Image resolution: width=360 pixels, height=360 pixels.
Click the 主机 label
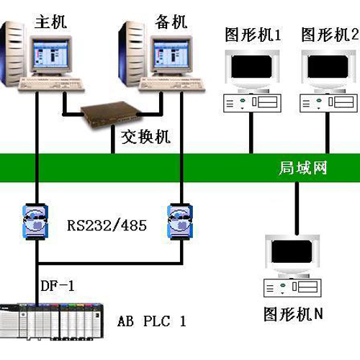point(50,22)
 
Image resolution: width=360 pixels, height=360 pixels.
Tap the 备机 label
point(171,22)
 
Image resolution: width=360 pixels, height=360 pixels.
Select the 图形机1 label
point(253,35)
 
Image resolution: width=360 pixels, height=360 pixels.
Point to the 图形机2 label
point(330,35)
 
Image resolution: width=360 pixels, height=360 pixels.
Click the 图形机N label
point(293,314)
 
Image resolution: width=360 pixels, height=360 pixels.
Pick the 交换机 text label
point(145,137)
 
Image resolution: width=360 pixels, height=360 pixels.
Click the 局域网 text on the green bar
point(303,168)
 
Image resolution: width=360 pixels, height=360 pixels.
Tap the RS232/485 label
point(107,225)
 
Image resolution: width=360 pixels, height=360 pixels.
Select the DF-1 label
point(58,286)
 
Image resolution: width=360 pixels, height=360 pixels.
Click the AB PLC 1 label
point(152,321)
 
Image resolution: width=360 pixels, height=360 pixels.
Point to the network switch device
point(111,114)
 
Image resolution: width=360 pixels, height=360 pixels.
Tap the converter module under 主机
point(35,221)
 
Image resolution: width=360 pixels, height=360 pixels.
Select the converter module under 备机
point(180,221)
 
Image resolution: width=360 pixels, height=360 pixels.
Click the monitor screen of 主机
point(50,53)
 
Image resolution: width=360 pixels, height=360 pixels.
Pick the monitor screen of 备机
point(171,53)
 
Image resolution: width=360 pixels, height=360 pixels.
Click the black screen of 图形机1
point(251,66)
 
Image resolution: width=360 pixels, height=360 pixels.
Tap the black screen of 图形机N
point(292,251)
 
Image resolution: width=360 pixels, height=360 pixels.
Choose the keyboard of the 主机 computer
point(51,84)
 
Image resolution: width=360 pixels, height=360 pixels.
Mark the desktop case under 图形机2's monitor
point(328,103)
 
